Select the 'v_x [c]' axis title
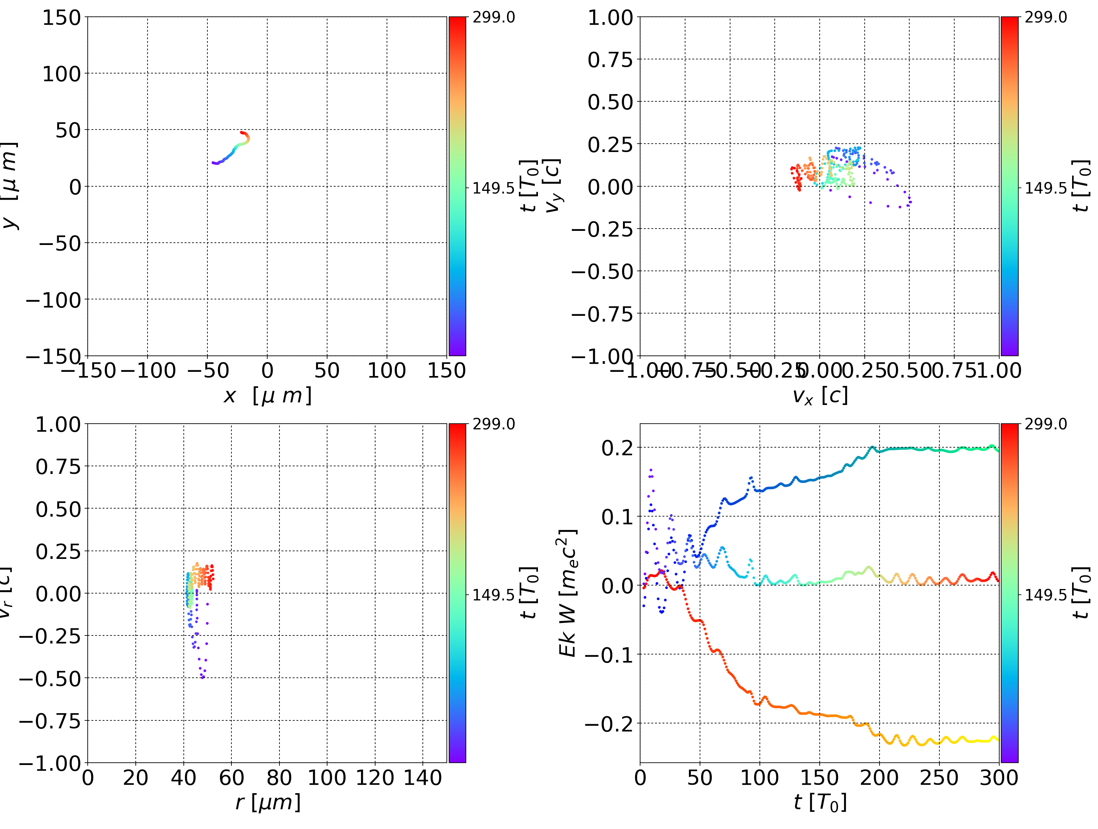(820, 396)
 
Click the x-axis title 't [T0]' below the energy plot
(820, 802)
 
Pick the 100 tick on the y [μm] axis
(61, 74)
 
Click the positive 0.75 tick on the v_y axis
(610, 59)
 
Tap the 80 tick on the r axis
(279, 778)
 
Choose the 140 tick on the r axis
(422, 778)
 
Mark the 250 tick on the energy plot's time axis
(939, 778)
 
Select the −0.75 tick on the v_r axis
(50, 721)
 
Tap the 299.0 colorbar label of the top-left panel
(493, 18)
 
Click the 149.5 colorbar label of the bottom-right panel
(1045, 595)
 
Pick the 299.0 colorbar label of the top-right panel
(1045, 18)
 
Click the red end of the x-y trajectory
(241, 133)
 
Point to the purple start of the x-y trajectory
(213, 163)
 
